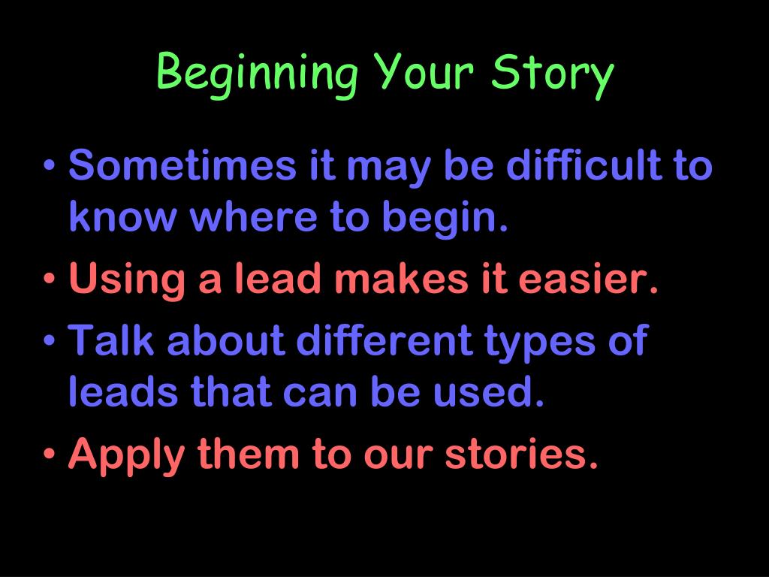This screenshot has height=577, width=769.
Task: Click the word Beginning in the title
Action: tap(258, 75)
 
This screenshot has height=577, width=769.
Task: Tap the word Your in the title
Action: tap(423, 71)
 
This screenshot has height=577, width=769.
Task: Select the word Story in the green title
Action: tap(552, 75)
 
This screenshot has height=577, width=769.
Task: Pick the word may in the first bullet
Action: tap(388, 169)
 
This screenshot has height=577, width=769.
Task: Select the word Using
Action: tap(126, 279)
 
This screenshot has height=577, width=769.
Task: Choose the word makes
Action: tap(401, 277)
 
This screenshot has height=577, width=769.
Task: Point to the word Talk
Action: tap(111, 340)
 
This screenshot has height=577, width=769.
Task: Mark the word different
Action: tap(384, 340)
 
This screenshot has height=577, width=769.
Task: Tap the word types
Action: tap(539, 343)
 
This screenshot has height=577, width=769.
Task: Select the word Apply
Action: tap(126, 456)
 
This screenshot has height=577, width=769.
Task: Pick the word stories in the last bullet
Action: tap(521, 452)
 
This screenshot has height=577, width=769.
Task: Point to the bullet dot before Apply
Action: tap(49, 453)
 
